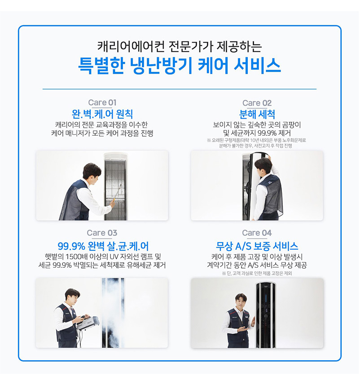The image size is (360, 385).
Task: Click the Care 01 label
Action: (102, 103)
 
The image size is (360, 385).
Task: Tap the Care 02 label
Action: (257, 103)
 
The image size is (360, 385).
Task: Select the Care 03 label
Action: (102, 233)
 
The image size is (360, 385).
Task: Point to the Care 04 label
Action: (257, 233)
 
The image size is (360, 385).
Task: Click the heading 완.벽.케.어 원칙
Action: (102, 113)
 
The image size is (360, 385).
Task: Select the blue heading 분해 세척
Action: (257, 113)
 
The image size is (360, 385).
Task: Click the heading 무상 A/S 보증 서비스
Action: (257, 246)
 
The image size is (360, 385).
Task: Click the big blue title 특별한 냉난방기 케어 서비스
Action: (180, 66)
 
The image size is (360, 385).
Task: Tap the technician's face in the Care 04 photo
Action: (242, 301)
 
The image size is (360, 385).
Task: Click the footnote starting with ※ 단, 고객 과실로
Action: (257, 273)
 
